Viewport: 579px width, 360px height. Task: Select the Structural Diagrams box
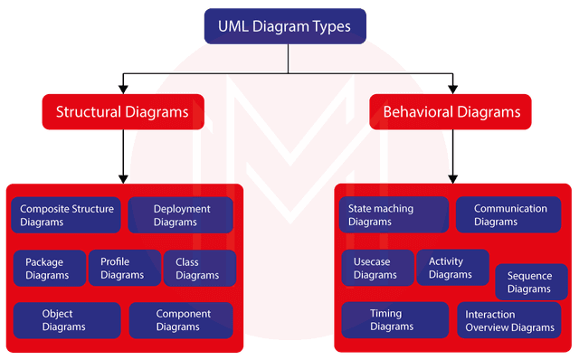click(x=122, y=112)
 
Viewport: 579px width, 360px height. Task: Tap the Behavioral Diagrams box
click(x=451, y=112)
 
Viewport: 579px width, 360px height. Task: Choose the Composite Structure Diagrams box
click(x=67, y=215)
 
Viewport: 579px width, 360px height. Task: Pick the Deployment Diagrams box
click(x=181, y=215)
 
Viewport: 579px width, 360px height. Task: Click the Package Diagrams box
click(x=48, y=268)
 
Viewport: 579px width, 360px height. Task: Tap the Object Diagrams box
click(x=65, y=320)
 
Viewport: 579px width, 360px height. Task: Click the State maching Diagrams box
click(x=394, y=215)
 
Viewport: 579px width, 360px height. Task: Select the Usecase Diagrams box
click(x=375, y=268)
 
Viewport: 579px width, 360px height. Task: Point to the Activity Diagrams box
click(x=451, y=268)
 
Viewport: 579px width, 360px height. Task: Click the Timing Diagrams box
click(x=394, y=320)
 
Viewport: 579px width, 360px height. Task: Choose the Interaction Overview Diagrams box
click(x=509, y=320)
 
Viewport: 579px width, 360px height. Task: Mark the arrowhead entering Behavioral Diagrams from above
click(x=452, y=89)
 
